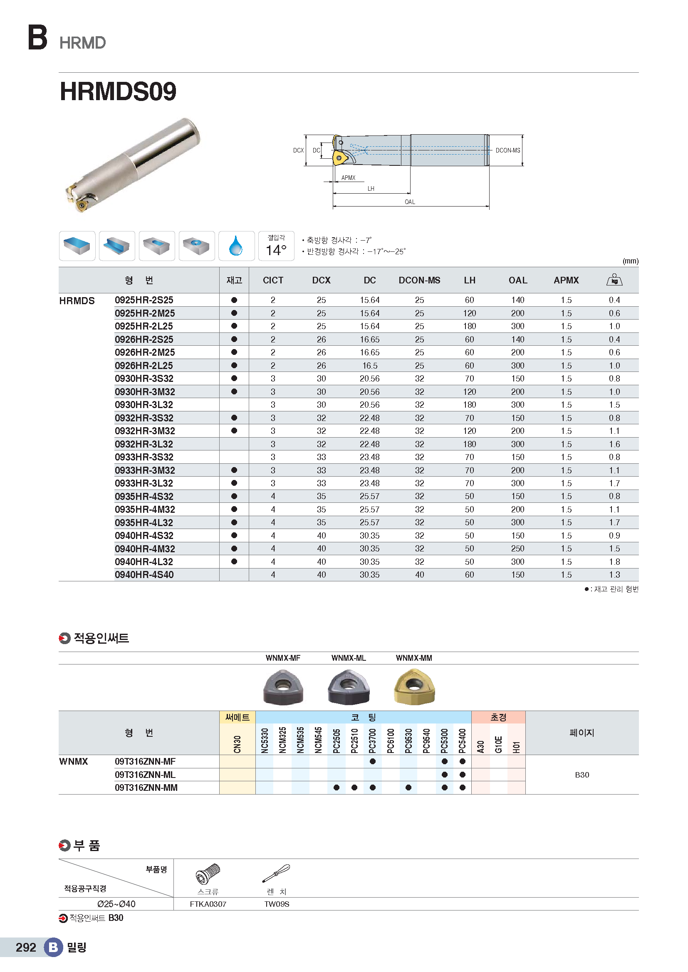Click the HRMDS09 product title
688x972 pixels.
pyautogui.click(x=118, y=91)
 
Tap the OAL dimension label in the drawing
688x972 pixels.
pyautogui.click(x=410, y=202)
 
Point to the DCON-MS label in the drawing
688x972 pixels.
pyautogui.click(x=507, y=150)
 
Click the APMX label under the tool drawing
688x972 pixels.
pyautogui.click(x=348, y=178)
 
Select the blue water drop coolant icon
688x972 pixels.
pyautogui.click(x=236, y=246)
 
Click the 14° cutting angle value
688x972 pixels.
pyautogui.click(x=276, y=250)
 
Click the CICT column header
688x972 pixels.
pyautogui.click(x=273, y=280)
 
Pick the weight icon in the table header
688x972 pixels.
pyautogui.click(x=614, y=280)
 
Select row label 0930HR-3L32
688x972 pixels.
pyautogui.click(x=144, y=405)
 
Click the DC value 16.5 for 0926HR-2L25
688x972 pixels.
pyautogui.click(x=369, y=366)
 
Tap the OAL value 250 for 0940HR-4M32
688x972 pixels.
pyautogui.click(x=517, y=549)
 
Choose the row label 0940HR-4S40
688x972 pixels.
pyautogui.click(x=144, y=575)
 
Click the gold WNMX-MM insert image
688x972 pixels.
pyautogui.click(x=414, y=686)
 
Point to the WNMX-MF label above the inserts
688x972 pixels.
pyautogui.click(x=282, y=658)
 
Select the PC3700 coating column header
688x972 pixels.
pyautogui.click(x=372, y=741)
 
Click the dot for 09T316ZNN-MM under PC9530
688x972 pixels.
pyautogui.click(x=408, y=788)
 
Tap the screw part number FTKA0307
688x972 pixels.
pyautogui.click(x=208, y=904)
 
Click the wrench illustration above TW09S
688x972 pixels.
pyautogui.click(x=276, y=874)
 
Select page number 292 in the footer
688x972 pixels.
pyautogui.click(x=26, y=947)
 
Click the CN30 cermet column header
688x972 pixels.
pyautogui.click(x=237, y=744)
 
